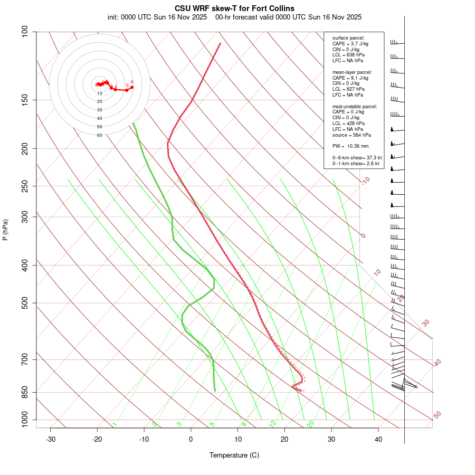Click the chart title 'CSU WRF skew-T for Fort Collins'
[234, 8]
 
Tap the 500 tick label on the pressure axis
[25, 303]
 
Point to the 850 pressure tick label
[25, 392]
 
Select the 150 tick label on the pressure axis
[25, 100]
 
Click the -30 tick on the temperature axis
[51, 439]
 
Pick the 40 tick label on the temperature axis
[378, 439]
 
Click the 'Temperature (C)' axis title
[234, 455]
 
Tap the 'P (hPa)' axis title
[5, 230]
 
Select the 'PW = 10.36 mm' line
[350, 146]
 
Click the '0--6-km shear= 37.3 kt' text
[357, 157]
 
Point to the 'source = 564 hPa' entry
[350, 135]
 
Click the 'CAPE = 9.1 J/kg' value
[350, 78]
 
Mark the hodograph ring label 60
[99, 135]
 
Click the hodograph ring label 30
[99, 110]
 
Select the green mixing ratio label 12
[273, 423]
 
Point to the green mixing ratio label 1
[115, 424]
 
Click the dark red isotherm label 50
[437, 415]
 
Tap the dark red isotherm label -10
[365, 181]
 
